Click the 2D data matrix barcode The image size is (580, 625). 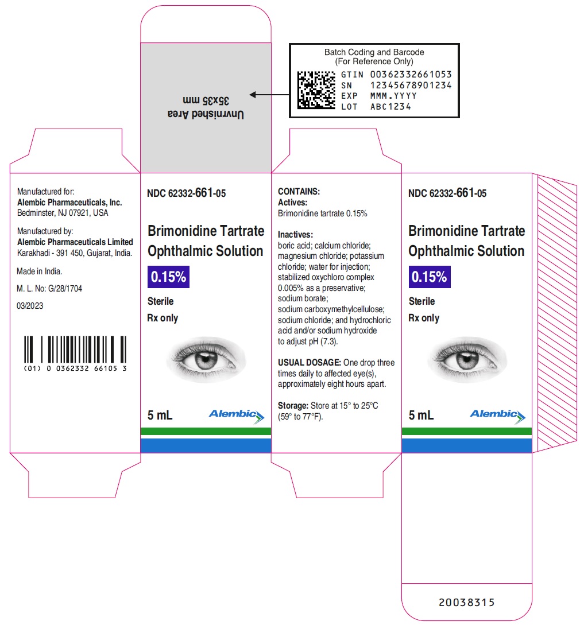tap(316, 90)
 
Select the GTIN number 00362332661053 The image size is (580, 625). tap(411, 75)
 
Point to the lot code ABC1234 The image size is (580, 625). tap(390, 106)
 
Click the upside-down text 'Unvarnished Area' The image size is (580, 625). tap(206, 114)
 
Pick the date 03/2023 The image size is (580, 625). tap(30, 306)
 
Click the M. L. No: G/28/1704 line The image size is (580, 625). tap(49, 288)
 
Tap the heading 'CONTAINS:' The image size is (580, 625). tap(299, 191)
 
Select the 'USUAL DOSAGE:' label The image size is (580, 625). tap(309, 362)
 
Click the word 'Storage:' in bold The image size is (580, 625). tap(293, 405)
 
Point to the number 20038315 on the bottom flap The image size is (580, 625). tap(467, 602)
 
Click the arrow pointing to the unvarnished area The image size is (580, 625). tap(269, 95)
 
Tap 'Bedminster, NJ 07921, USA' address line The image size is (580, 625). tap(63, 213)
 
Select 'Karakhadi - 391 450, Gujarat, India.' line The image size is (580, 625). tap(75, 253)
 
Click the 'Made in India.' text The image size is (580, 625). tap(39, 271)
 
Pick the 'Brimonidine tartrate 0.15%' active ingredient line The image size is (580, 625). tap(322, 213)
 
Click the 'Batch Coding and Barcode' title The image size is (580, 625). tap(374, 52)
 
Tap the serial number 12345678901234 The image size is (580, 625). tap(411, 86)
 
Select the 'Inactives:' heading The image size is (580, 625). tap(296, 234)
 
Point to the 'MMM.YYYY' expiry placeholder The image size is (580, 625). tap(393, 96)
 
